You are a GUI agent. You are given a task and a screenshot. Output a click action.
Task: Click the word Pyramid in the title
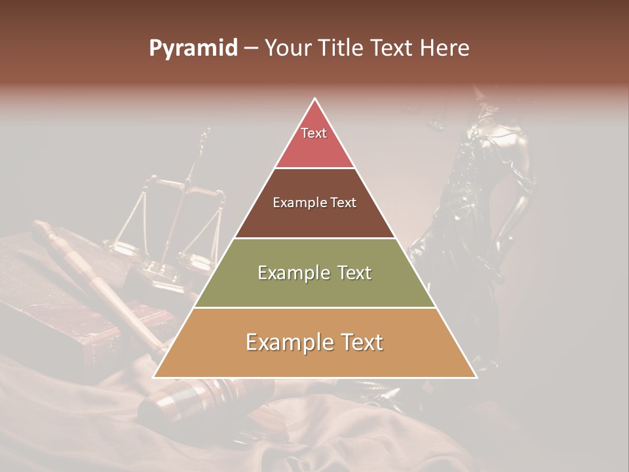(x=193, y=49)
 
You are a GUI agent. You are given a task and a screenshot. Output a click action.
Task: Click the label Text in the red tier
(x=314, y=133)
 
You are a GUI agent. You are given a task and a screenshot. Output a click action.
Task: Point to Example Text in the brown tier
(x=314, y=203)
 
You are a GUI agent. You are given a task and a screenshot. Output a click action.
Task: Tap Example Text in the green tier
(x=314, y=273)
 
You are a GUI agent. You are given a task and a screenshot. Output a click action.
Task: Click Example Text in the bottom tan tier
(x=314, y=342)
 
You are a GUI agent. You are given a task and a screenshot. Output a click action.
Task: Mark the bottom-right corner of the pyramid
(x=476, y=377)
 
